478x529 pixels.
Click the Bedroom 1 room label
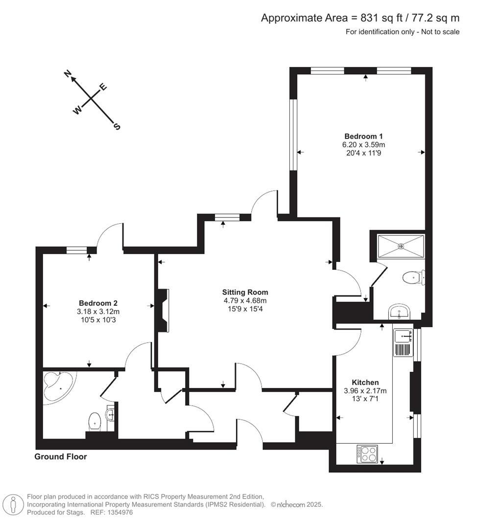coord(363,136)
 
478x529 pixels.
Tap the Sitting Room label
coord(245,292)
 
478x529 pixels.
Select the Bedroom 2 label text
coord(98,303)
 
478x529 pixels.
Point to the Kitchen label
coord(365,383)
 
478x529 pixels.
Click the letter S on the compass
coord(117,126)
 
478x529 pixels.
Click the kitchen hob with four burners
coord(367,454)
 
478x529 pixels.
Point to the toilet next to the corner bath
coord(95,420)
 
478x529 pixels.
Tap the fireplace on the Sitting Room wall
coord(162,311)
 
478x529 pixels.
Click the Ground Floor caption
coord(60,457)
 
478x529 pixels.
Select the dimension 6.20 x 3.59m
coord(363,144)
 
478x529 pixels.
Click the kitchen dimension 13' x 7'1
coord(365,399)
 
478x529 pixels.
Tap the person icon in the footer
coord(14,505)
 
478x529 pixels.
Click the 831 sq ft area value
coord(380,18)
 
